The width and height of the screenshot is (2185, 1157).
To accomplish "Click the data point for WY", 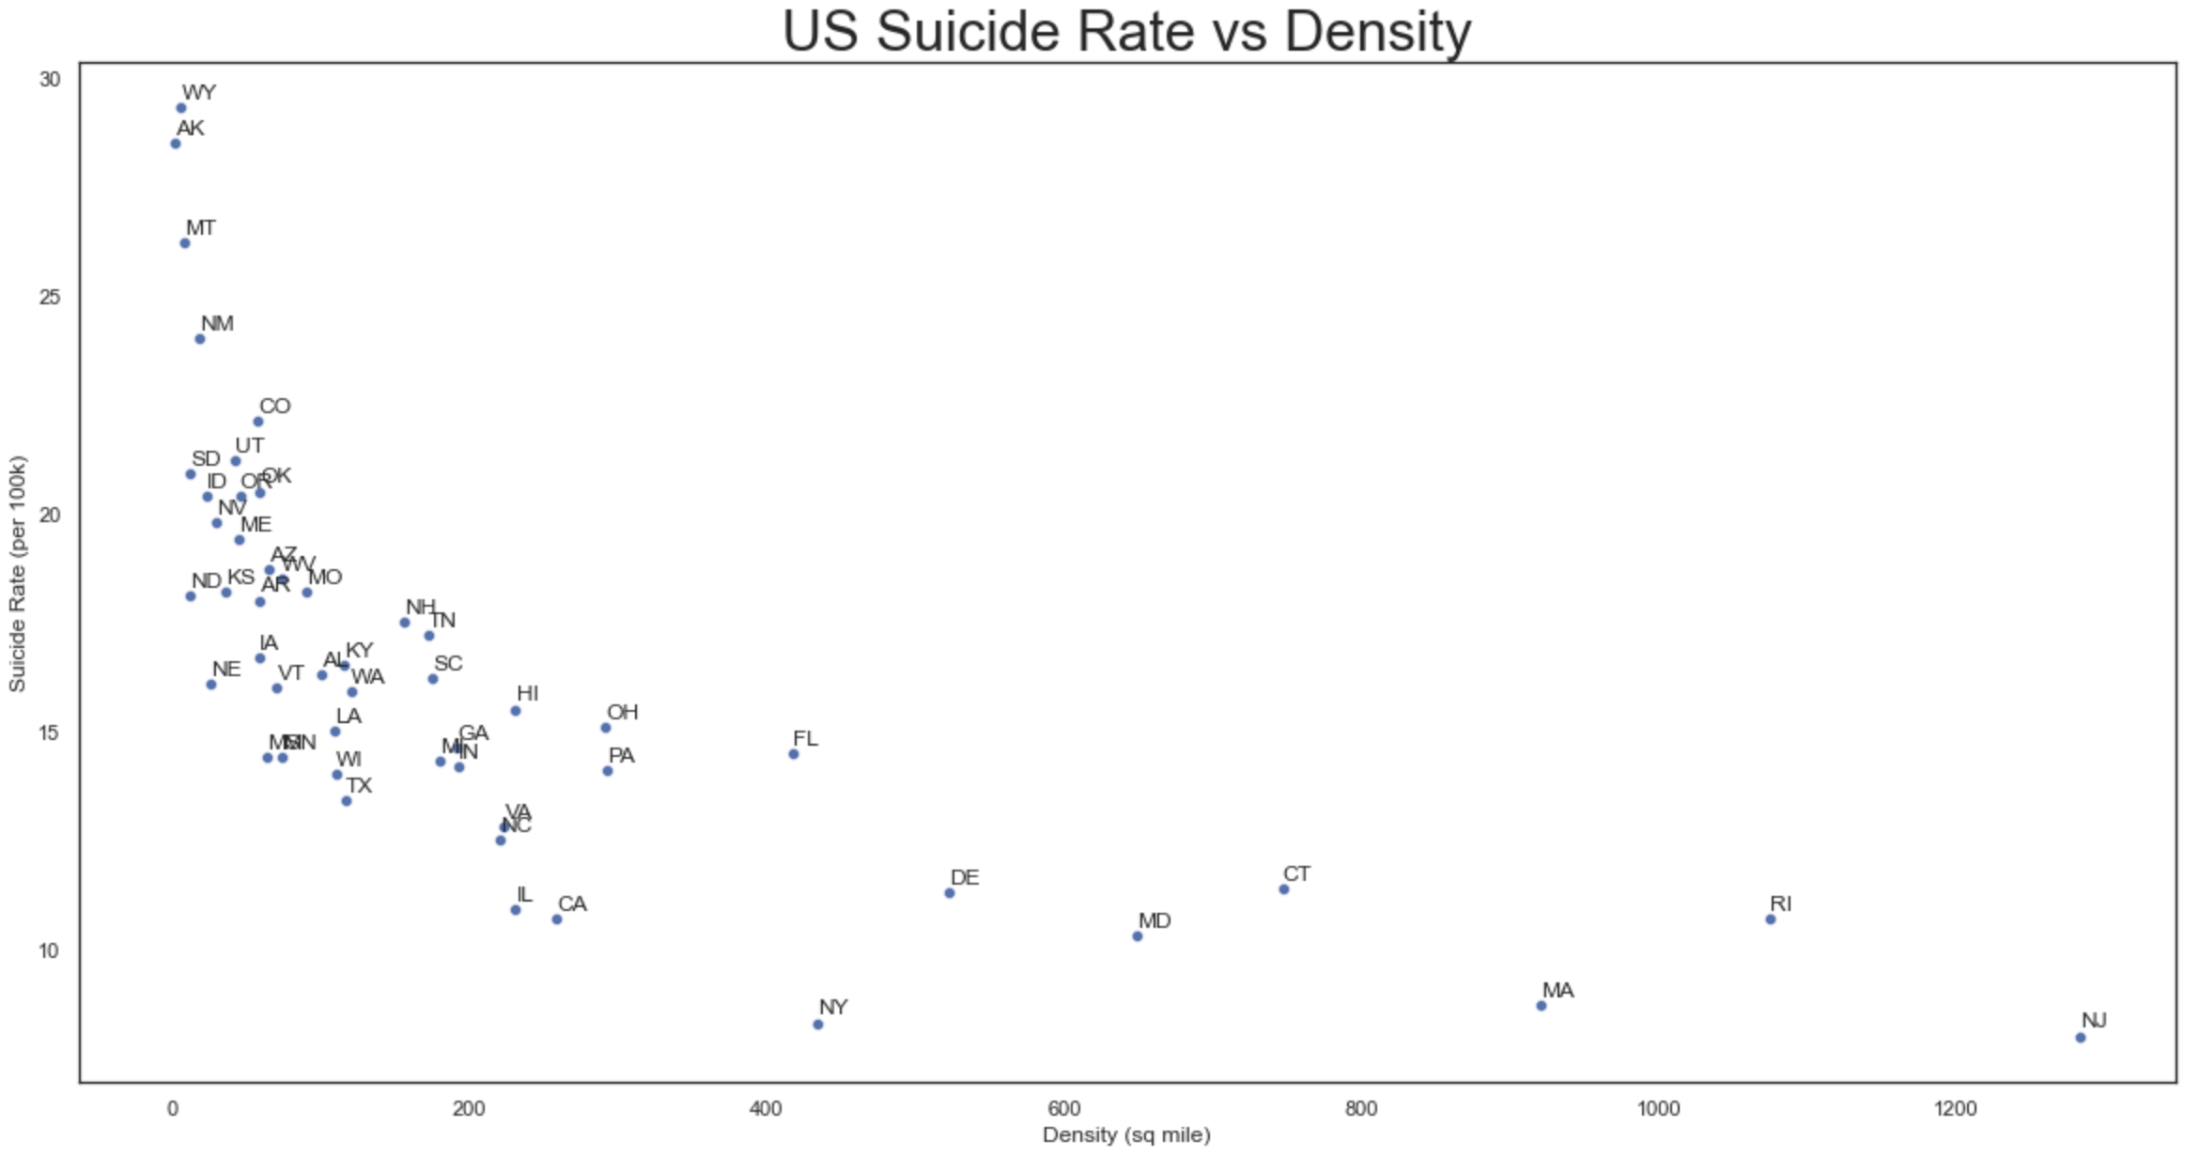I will (181, 108).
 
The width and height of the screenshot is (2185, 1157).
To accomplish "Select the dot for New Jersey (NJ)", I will (2081, 1038).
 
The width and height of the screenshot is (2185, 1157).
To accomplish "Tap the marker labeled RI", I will (1771, 919).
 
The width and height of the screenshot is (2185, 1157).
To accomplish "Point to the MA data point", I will (1542, 1006).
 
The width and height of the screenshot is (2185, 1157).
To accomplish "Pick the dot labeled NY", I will (818, 1025).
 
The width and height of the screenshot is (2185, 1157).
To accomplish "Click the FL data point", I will (794, 754).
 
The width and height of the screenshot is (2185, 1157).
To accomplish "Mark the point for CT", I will (1284, 889).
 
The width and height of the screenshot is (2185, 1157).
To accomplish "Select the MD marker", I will (1138, 936).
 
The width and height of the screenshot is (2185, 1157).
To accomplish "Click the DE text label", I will (965, 877).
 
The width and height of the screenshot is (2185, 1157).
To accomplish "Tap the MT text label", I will (200, 227).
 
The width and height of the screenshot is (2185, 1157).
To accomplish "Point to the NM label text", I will (217, 323).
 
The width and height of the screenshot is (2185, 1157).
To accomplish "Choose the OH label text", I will (622, 712).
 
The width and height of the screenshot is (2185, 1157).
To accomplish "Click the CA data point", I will (557, 919).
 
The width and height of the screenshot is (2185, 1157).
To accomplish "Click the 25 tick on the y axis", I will (49, 297).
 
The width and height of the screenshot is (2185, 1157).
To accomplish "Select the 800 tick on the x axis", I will (1361, 1109).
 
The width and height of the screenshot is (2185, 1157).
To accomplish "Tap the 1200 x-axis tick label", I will (1956, 1109).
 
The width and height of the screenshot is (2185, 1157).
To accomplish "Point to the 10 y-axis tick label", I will (49, 950).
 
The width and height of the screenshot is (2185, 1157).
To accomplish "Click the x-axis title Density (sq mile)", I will (1126, 1135).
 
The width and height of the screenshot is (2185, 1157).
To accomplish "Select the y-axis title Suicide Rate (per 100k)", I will (17, 574).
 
